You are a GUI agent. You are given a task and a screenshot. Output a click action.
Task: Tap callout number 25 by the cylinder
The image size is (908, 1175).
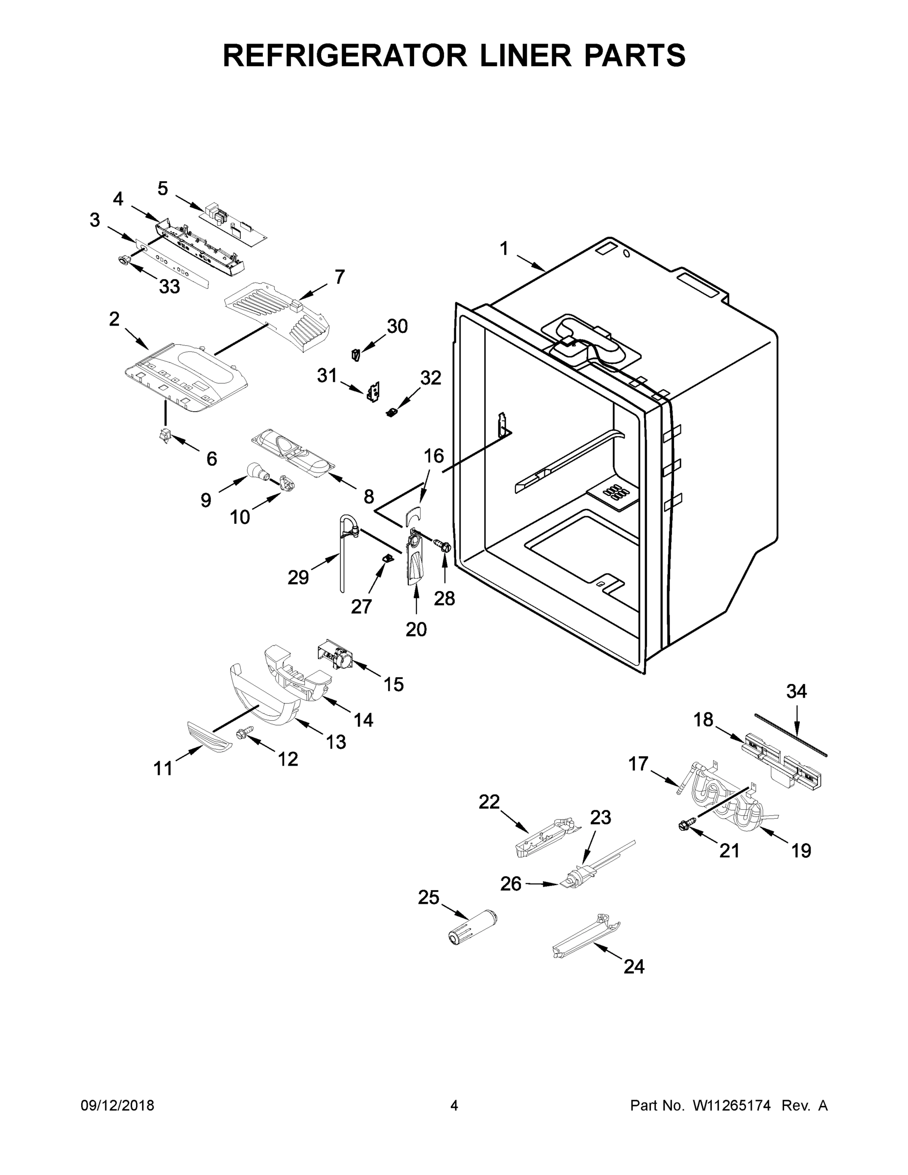point(429,897)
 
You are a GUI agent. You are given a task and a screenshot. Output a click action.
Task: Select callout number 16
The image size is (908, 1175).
point(434,456)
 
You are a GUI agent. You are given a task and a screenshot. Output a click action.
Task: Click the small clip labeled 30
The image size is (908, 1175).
point(355,354)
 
